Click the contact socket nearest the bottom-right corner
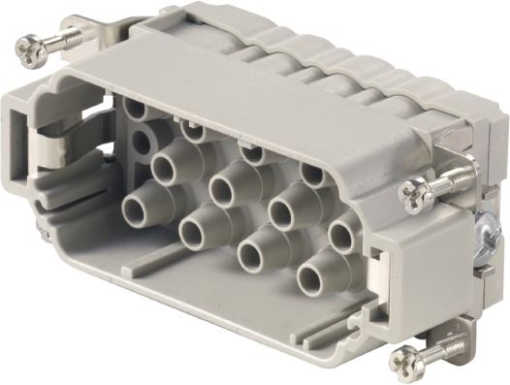(x=321, y=263)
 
